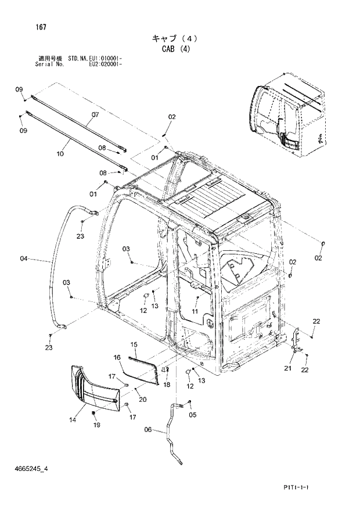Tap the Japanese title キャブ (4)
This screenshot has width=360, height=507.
point(175,38)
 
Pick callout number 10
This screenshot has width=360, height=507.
point(60,154)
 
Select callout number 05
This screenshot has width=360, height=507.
point(193,415)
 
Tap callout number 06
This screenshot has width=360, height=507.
point(147,430)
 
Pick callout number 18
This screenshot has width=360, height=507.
point(166,384)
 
